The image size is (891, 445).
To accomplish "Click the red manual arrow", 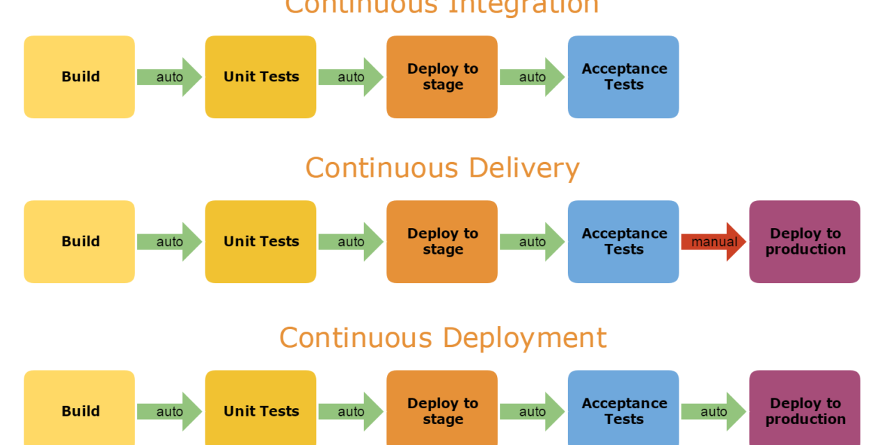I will pos(713,242).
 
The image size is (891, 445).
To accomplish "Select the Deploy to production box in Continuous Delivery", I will pos(805,242).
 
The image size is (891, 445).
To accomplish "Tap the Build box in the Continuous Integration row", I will pos(79,77).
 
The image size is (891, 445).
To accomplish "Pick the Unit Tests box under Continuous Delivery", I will pos(261,242).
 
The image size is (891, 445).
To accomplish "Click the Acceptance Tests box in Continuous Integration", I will pos(624,77).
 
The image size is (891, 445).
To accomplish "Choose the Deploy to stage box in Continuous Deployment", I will pos(442,410).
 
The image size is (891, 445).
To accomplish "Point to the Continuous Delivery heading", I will pos(442,168).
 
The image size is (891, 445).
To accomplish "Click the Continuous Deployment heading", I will pos(443,338).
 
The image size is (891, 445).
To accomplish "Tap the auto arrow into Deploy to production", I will pos(713,412).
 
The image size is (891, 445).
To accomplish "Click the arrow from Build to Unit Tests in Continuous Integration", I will pos(169,77).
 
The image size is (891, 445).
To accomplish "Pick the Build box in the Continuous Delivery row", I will pos(79,242).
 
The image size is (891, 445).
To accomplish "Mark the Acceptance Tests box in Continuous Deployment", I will pos(624,410).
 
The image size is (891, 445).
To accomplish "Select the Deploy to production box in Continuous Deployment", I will pos(805,410).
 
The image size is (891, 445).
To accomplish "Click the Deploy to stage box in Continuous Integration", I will pos(442,77).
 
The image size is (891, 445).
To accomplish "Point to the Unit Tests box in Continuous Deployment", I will pos(261,410).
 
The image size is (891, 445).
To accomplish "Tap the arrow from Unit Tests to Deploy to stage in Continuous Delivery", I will pos(350,242).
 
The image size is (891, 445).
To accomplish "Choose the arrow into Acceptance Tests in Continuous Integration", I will pos(532,77).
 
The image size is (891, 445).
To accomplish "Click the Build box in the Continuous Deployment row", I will pos(79,410).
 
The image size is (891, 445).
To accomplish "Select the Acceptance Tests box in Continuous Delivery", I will pos(624,242).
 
